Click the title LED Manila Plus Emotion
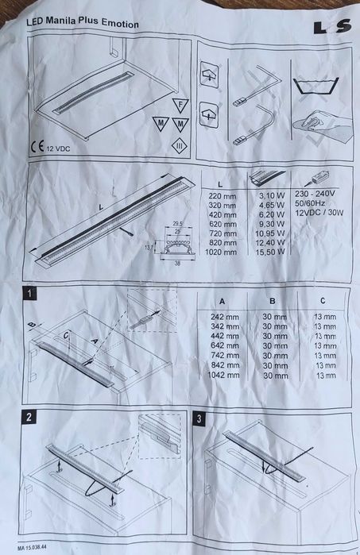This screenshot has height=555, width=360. point(83,25)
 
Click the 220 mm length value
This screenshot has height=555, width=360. point(220,195)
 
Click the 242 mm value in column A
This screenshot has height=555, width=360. point(222,316)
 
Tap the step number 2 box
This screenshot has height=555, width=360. point(29,416)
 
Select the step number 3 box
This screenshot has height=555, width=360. point(199,416)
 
